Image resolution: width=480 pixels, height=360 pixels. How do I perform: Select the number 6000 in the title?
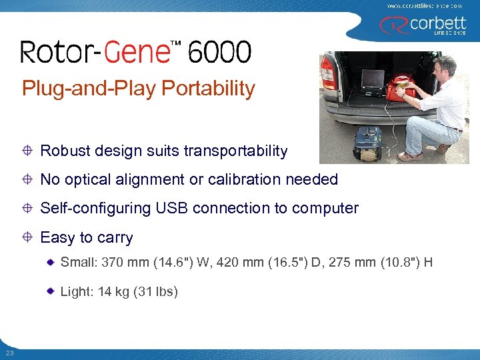[220, 52]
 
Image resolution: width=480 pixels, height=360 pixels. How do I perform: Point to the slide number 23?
[9, 353]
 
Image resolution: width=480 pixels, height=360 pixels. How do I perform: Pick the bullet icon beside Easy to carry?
[29, 237]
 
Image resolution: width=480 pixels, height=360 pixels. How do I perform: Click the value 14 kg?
[113, 292]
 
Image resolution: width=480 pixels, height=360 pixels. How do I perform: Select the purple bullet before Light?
[51, 292]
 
